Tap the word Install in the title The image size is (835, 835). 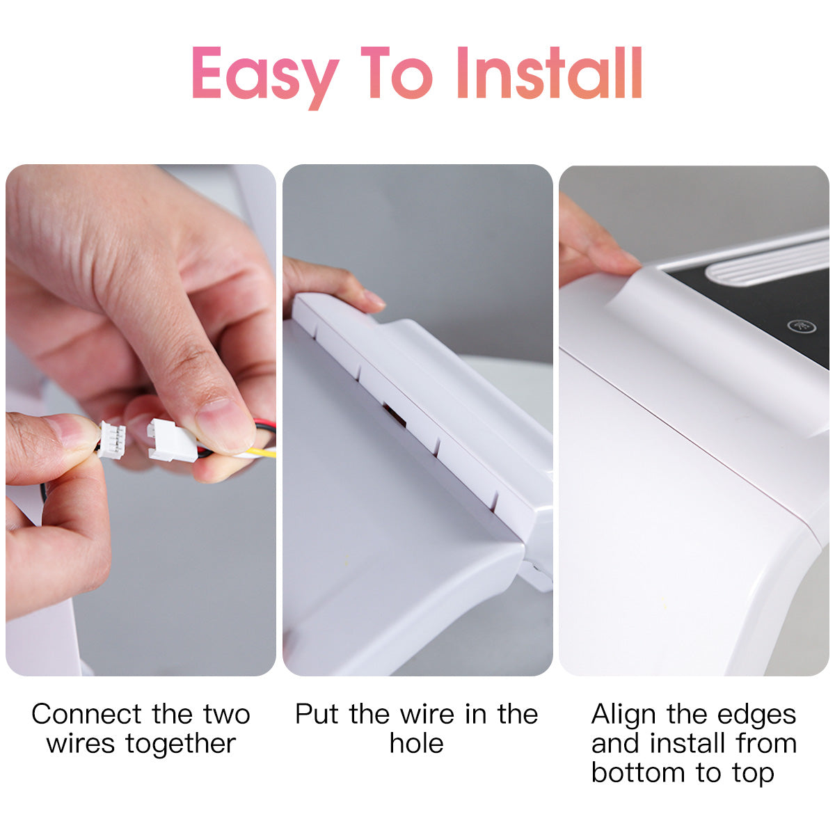550,73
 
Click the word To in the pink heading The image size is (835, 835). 397,73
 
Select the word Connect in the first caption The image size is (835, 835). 87,714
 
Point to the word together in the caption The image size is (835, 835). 181,744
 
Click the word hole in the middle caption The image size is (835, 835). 416,743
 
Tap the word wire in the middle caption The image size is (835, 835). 427,714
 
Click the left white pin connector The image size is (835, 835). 111,440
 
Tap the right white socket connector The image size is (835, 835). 172,440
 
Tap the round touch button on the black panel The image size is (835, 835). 801,326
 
